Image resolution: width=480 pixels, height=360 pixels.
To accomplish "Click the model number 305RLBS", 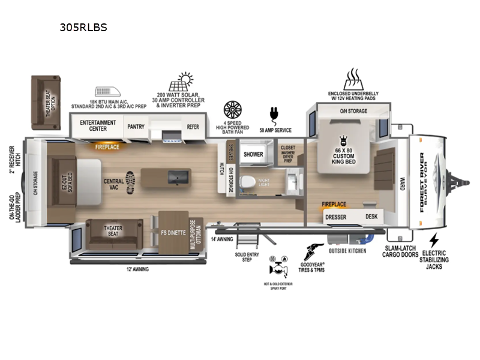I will (83, 27).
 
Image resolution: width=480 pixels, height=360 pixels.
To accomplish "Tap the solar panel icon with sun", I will (181, 82).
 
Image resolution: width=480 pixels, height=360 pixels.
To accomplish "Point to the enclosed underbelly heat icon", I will (352, 79).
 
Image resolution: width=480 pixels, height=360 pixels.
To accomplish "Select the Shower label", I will (253, 154).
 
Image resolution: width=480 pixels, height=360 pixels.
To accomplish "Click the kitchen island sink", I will (177, 177).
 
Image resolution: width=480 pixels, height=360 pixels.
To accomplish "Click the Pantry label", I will (134, 127).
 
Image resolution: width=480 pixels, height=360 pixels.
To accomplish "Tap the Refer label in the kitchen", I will (193, 127).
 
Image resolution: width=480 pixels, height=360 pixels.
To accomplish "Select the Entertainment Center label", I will (98, 125).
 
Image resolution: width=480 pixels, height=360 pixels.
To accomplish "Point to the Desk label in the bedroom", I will (371, 217).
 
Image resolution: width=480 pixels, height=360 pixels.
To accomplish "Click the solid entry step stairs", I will (245, 241).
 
